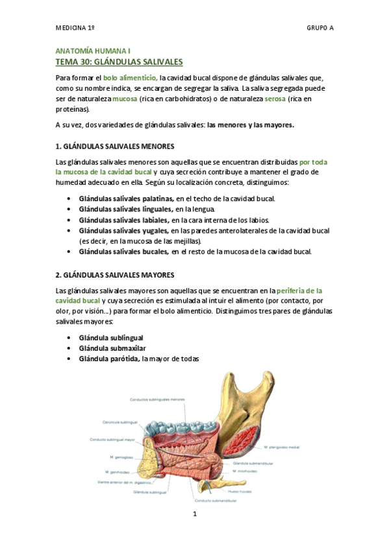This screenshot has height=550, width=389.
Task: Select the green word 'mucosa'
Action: (x=125, y=99)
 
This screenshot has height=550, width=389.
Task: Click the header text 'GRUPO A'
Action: (x=320, y=29)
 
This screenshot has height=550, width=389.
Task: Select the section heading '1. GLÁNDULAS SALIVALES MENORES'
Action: (x=114, y=147)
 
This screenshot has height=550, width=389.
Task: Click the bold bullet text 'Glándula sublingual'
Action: (x=110, y=338)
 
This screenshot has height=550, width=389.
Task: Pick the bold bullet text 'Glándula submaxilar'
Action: (x=111, y=348)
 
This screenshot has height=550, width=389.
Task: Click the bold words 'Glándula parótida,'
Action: (x=109, y=359)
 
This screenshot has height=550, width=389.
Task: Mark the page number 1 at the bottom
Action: (x=194, y=514)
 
